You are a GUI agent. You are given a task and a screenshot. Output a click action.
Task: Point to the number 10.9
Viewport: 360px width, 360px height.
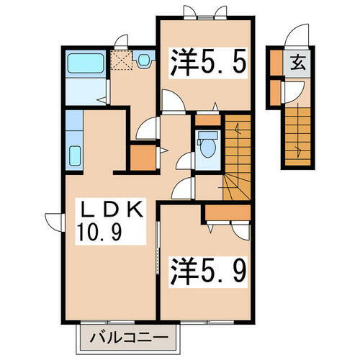(x=101, y=232)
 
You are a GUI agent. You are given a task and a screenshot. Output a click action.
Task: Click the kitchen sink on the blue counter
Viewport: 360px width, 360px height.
(x=74, y=155)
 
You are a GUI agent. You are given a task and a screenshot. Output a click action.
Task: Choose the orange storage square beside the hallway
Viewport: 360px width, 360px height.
(x=142, y=156)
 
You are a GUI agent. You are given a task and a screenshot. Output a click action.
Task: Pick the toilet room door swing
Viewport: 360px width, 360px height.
(x=185, y=162)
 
